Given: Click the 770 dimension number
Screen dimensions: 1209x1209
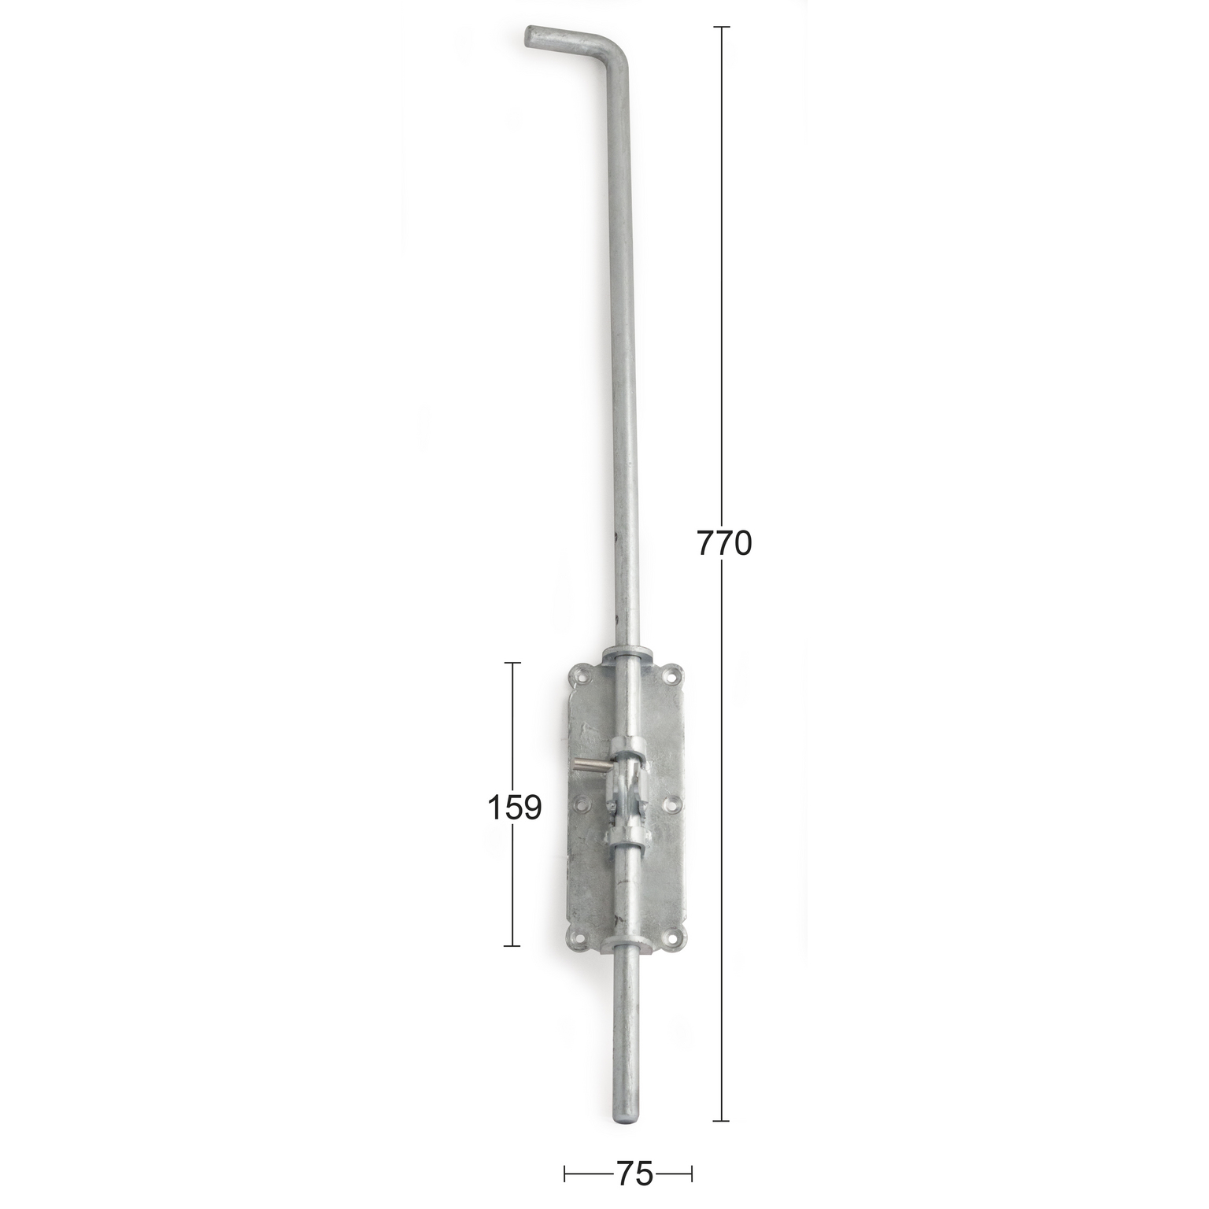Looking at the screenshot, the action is pos(724,543).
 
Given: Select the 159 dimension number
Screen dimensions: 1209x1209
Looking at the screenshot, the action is pos(515,808).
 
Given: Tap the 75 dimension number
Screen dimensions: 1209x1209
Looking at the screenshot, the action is pos(634,1174).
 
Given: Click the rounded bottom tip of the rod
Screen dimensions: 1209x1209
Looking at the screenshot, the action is pos(626,1117).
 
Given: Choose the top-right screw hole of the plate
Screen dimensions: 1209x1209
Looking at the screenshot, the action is pos(671,675).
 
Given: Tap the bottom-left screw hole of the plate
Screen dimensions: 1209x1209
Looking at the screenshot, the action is pos(582,937).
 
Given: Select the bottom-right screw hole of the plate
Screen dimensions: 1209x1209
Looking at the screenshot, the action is pos(673,938).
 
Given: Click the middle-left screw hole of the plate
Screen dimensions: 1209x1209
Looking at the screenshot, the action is pos(582,805).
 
